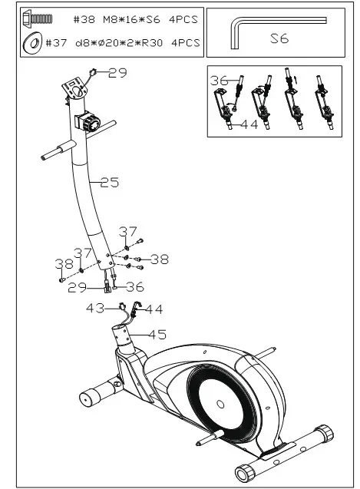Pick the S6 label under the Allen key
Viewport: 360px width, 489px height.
point(279,38)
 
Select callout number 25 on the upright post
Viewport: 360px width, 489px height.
point(110,182)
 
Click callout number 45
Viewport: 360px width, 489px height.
point(157,334)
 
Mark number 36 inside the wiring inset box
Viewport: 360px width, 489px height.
point(220,80)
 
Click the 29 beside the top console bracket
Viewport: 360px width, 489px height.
point(117,73)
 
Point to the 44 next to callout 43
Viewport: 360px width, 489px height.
point(154,309)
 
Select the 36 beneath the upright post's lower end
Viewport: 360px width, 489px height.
point(135,287)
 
